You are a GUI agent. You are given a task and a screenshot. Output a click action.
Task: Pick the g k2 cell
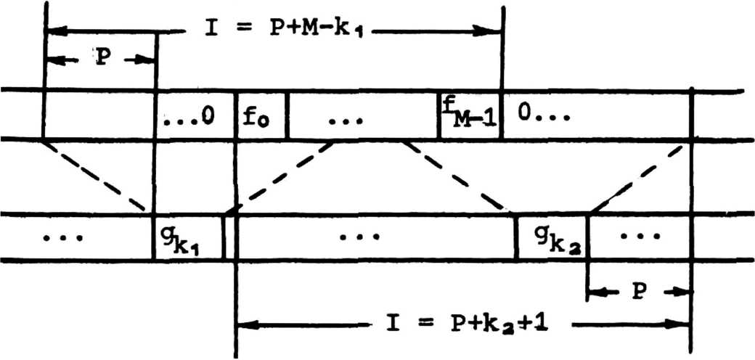[550, 237]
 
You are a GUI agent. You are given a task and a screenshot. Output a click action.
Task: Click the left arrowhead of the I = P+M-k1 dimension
[55, 31]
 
